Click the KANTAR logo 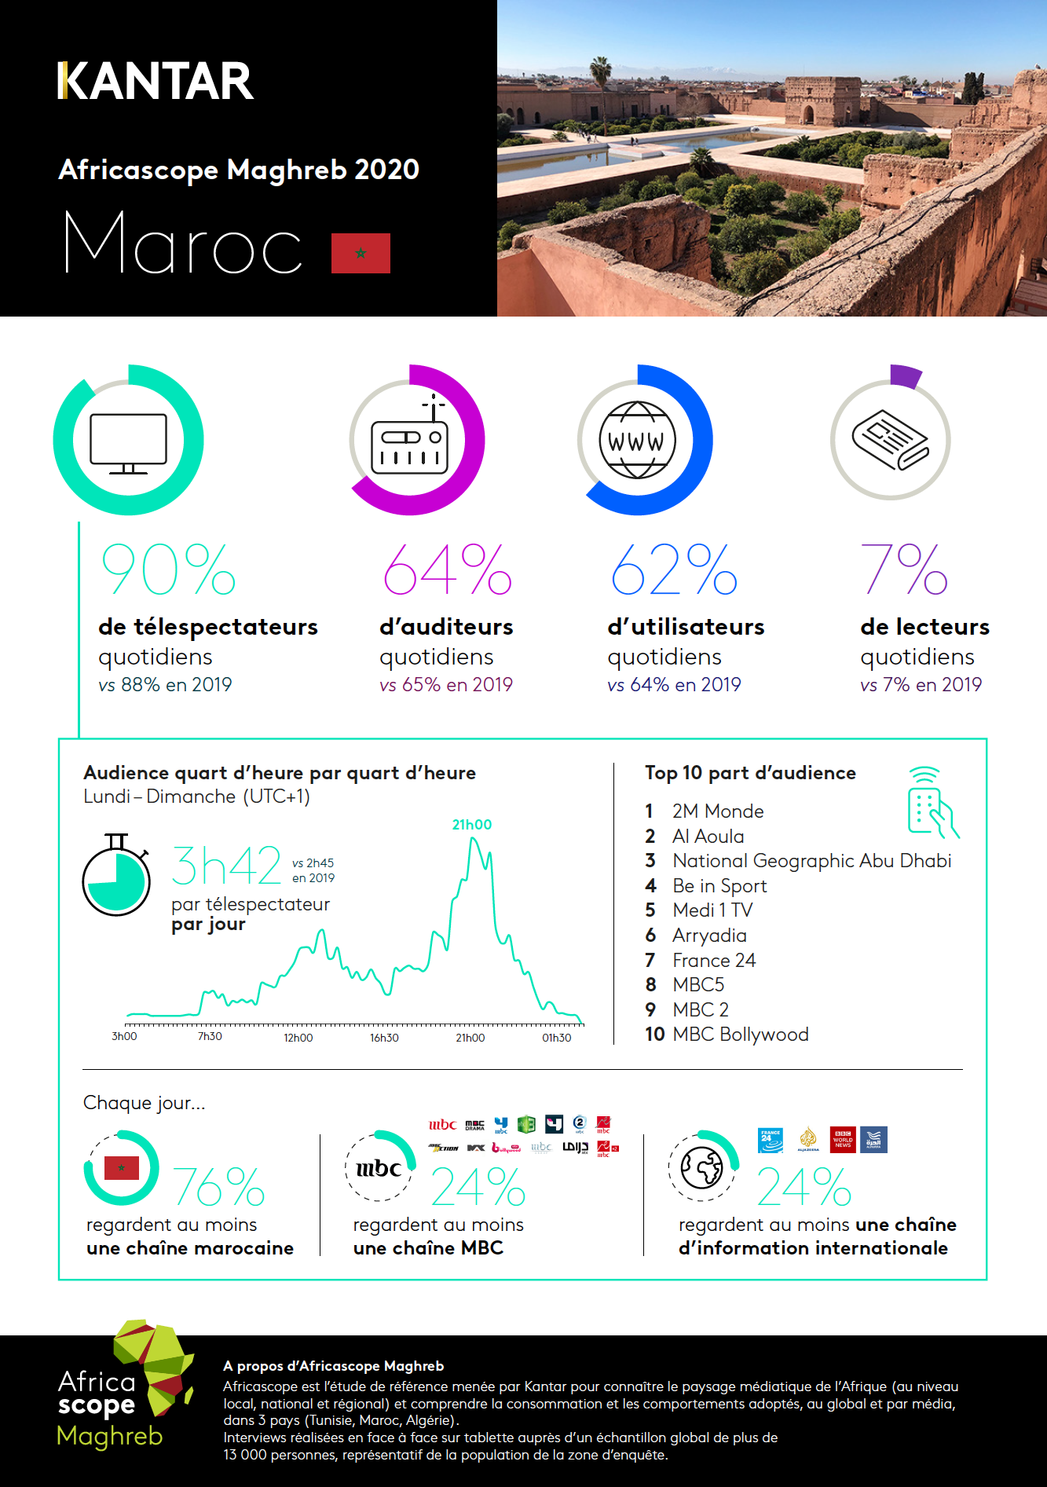pos(156,82)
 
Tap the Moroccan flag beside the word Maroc pos(361,253)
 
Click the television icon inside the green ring pos(128,443)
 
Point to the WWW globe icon pos(637,440)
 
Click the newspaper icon pos(891,440)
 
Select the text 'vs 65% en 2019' pos(445,685)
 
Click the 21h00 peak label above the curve pos(472,825)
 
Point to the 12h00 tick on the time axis pos(298,1038)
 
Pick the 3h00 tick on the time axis pos(124,1037)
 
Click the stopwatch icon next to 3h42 pos(117,877)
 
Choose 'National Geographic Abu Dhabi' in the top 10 pos(811,861)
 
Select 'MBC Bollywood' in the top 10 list pos(740,1035)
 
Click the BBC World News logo pos(843,1140)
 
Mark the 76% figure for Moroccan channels pos(218,1187)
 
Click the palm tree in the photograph pos(601,79)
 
